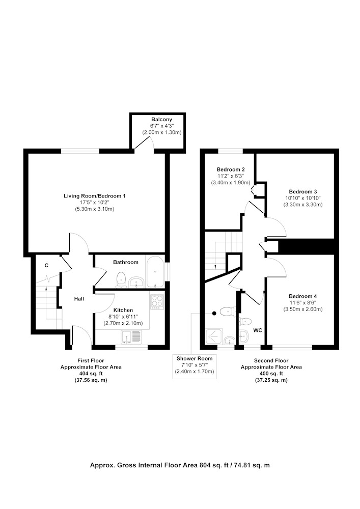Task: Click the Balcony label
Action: (x=161, y=120)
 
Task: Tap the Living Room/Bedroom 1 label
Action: (x=95, y=196)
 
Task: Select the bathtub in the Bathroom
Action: (x=155, y=272)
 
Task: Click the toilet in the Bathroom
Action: (x=121, y=279)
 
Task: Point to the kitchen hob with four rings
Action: (x=157, y=301)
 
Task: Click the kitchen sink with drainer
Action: (x=131, y=337)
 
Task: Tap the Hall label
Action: (x=79, y=299)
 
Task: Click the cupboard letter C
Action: (x=46, y=266)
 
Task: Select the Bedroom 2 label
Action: (x=231, y=169)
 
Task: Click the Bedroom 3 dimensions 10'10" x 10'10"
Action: (x=303, y=198)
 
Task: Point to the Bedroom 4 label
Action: (x=303, y=296)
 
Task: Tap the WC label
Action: (x=258, y=330)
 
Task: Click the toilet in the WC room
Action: (x=245, y=322)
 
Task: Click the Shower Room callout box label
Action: (x=195, y=358)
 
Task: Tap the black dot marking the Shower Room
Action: (x=214, y=313)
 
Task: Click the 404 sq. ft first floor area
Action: (x=91, y=374)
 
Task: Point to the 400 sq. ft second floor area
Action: (x=271, y=374)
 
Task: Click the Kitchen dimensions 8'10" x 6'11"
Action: (x=123, y=317)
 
